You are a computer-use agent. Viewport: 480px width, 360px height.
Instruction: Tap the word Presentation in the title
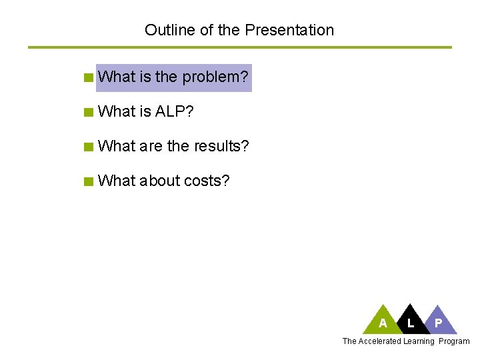289,30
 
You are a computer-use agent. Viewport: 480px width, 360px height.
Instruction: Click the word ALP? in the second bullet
174,111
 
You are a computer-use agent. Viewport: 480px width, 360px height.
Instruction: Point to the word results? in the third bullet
221,146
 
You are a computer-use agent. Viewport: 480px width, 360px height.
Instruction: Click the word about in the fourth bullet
160,181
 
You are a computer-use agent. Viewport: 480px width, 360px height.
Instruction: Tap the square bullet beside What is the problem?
88,77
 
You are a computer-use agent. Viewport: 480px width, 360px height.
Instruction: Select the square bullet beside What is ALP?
88,112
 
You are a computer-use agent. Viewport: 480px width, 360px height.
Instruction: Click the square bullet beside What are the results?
88,147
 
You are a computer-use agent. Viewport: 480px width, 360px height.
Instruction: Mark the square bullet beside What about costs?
88,181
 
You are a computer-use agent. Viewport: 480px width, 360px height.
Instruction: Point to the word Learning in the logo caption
418,341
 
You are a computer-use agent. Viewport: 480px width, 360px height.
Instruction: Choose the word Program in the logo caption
455,341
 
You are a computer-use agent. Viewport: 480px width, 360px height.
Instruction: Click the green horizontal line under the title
239,47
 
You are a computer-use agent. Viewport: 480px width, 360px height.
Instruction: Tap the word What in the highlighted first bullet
117,77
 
